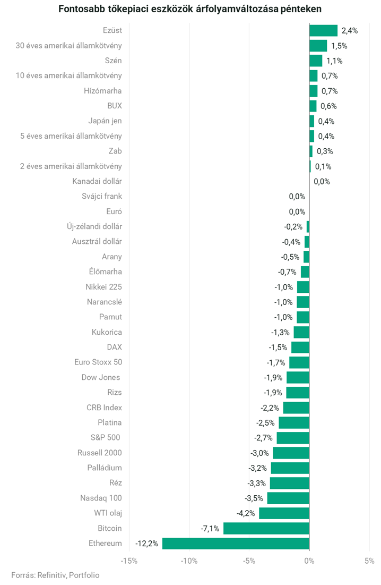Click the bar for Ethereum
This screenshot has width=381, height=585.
236,544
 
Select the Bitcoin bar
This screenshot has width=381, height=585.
266,528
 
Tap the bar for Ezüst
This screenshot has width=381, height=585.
323,31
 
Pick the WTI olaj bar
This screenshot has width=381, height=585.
284,513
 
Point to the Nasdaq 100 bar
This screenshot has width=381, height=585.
288,498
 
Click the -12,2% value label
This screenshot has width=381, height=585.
146,544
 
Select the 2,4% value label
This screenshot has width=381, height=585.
350,31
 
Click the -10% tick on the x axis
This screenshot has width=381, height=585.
189,561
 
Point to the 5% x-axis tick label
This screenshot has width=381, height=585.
369,561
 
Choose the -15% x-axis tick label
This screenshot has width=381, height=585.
129,561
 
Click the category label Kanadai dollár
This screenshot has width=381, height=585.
97,181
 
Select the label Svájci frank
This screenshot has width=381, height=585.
102,196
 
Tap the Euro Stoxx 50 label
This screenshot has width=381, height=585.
98,362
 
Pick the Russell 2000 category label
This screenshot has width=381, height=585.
100,453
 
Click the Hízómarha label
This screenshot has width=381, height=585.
103,91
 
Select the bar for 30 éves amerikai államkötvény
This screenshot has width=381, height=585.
318,46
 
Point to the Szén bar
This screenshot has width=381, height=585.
316,61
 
